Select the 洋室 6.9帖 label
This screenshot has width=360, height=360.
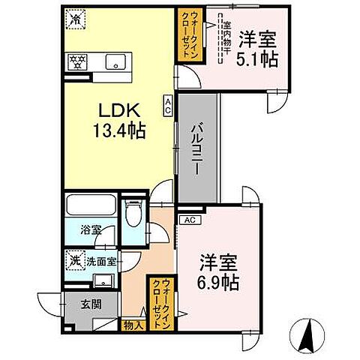tap(219, 273)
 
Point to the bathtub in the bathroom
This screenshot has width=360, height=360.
tap(91, 206)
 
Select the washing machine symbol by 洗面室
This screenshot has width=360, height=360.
tap(75, 261)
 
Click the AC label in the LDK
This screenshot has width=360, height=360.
tap(169, 104)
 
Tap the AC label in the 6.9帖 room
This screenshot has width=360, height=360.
tap(189, 220)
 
